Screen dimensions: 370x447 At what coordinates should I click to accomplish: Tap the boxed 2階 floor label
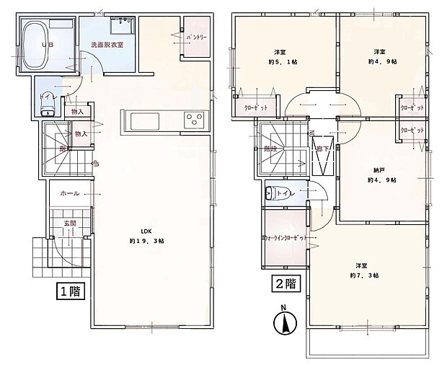click(285, 283)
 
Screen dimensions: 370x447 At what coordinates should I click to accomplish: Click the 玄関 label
click(69, 224)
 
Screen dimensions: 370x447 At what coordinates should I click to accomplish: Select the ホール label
click(69, 193)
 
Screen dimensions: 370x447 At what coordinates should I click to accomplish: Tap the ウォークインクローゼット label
click(285, 237)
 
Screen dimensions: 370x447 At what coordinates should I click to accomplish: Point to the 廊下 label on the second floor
click(319, 148)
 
